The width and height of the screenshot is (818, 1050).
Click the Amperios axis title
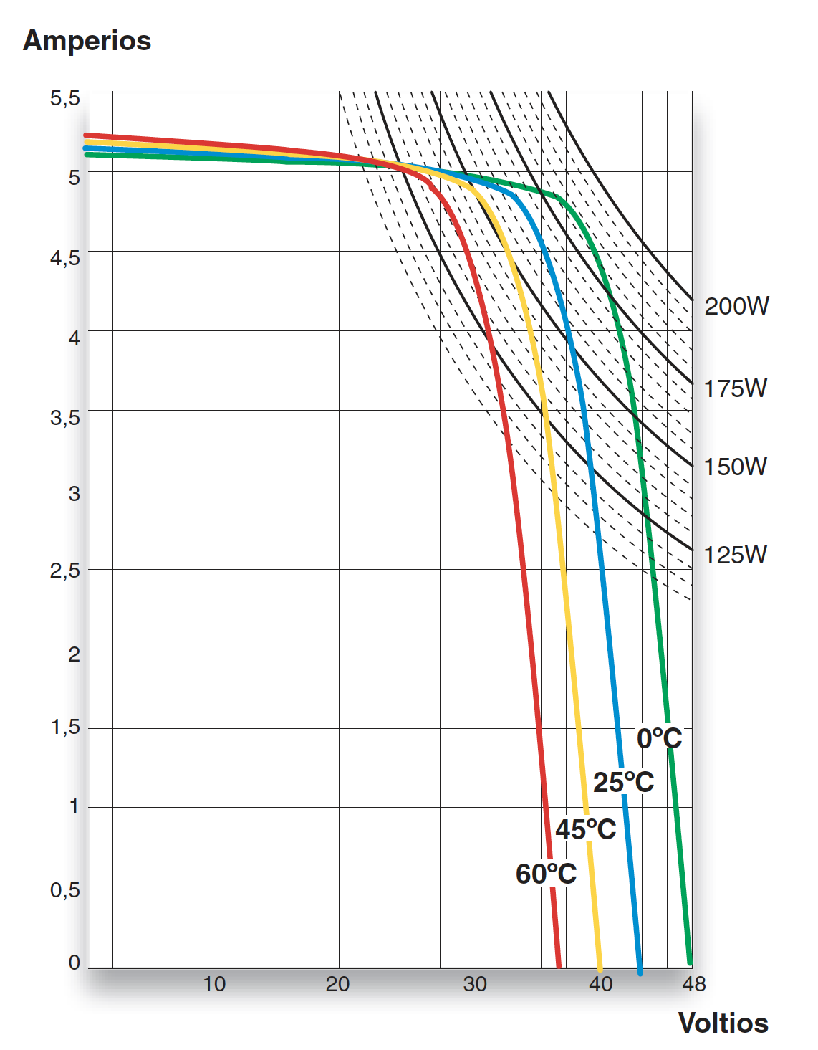point(87,41)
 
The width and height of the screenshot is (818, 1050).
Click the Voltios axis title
point(723,1023)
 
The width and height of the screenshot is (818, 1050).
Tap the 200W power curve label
point(736,306)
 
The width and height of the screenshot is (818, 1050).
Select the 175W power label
point(735,388)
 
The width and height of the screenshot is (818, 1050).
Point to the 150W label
point(735,467)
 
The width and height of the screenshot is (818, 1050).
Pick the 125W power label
point(735,555)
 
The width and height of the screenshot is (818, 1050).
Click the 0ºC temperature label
point(659,738)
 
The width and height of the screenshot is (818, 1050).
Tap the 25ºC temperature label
point(623,782)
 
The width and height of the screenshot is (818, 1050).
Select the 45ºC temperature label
point(585,829)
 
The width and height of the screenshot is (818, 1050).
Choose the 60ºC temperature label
point(546,874)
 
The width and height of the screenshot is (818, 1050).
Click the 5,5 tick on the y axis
point(65,98)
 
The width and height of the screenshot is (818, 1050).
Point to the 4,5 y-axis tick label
point(65,257)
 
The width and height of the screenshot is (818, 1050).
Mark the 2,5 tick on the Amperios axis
point(65,571)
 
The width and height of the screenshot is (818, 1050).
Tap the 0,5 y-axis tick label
point(65,890)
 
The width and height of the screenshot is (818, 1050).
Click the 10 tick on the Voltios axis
point(214,984)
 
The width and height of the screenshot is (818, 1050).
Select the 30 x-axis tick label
point(475,984)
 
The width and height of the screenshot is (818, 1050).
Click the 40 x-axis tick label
point(601,984)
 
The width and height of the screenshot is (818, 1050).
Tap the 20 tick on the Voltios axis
point(337,984)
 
